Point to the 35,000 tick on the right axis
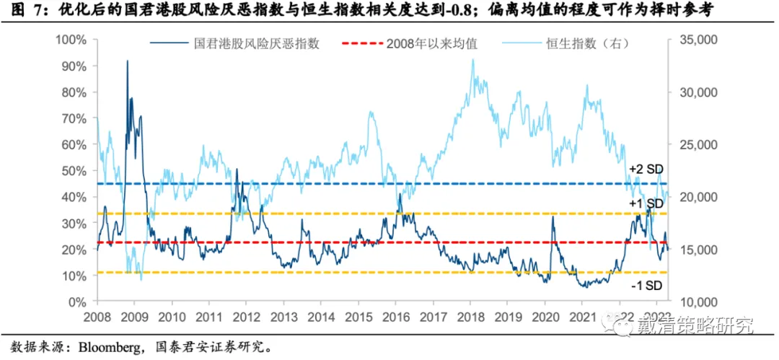pyautogui.click(x=695, y=40)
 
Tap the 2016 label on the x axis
pyautogui.click(x=397, y=316)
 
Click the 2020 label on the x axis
pyautogui.click(x=546, y=316)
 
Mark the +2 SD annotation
pyautogui.click(x=645, y=170)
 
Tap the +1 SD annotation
pyautogui.click(x=645, y=204)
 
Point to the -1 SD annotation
pyautogui.click(x=645, y=286)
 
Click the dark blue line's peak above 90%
pyautogui.click(x=128, y=61)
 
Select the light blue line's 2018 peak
pyautogui.click(x=472, y=60)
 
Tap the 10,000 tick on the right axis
pyautogui.click(x=695, y=302)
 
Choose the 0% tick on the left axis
pyautogui.click(x=79, y=302)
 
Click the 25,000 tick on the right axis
pyautogui.click(x=695, y=144)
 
